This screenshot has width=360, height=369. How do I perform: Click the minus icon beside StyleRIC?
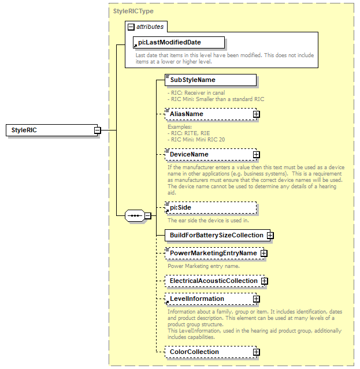(x=97, y=131)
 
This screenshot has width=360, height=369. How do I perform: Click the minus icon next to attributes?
(x=131, y=27)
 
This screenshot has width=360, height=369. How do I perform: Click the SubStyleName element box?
(x=210, y=80)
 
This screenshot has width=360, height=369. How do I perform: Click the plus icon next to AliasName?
(x=256, y=114)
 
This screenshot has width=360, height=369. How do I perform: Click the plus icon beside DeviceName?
(x=256, y=155)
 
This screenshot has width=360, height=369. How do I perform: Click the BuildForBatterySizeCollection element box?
(x=215, y=236)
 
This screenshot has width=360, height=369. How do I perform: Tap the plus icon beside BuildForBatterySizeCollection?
(x=270, y=236)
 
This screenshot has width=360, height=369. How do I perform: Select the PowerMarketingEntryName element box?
(x=211, y=253)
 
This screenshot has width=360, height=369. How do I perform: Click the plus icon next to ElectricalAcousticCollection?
(x=264, y=281)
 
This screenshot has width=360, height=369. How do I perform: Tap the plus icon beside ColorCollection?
(x=256, y=352)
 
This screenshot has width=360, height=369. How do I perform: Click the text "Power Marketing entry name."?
(x=203, y=266)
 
